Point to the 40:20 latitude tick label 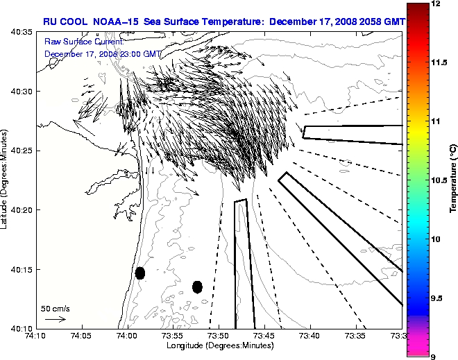click(23, 209)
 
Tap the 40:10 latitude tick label click(23, 328)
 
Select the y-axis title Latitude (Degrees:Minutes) click(6, 180)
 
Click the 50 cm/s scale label click(56, 308)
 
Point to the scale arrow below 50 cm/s click(55, 319)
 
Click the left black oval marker click(139, 273)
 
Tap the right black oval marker click(197, 286)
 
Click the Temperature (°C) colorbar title click(452, 180)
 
